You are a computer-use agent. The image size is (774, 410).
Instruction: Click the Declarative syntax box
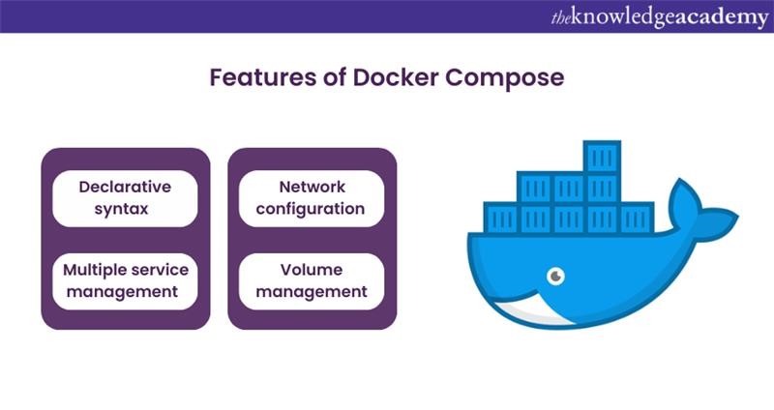click(x=125, y=198)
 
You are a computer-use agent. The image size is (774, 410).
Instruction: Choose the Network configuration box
click(x=312, y=198)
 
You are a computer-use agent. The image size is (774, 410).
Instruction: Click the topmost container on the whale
click(x=602, y=157)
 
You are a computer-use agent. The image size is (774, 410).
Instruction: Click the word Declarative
click(x=125, y=187)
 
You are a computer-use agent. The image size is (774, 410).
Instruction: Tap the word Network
click(x=312, y=187)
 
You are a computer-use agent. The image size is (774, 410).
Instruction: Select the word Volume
click(x=312, y=270)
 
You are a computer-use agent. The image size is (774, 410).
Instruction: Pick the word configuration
click(x=312, y=209)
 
